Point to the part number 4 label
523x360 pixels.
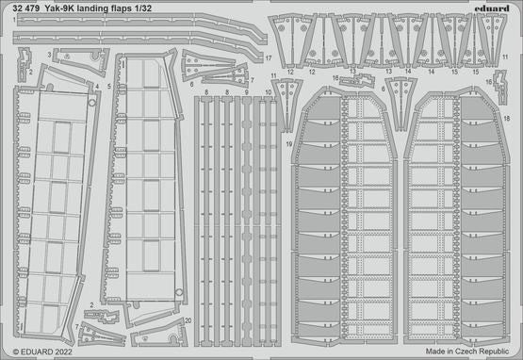coord(96,86)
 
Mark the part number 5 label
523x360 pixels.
coord(109,86)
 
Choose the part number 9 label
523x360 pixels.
coord(247,91)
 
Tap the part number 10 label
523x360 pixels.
coord(269,91)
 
